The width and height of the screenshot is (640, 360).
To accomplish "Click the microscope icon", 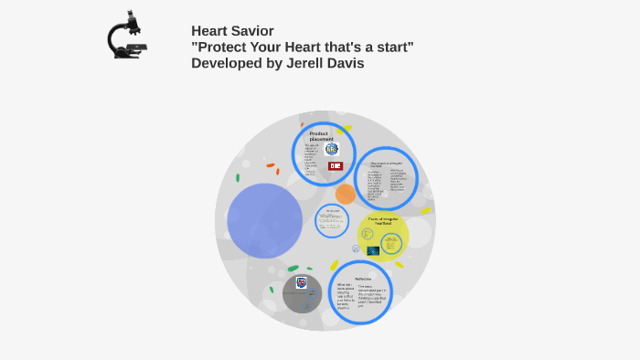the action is pyautogui.click(x=127, y=37).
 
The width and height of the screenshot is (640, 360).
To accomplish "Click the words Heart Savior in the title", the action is pyautogui.click(x=232, y=31).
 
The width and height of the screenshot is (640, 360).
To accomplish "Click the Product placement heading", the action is pyautogui.click(x=318, y=136).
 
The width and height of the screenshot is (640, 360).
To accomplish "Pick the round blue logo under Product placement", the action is pyautogui.click(x=331, y=148).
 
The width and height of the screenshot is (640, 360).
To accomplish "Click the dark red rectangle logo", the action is pyautogui.click(x=336, y=166).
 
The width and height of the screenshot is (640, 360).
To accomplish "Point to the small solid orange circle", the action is pyautogui.click(x=346, y=194).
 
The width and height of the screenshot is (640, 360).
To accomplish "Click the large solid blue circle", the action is pyautogui.click(x=265, y=220).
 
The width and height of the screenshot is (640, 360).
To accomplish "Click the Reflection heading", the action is pyautogui.click(x=363, y=279).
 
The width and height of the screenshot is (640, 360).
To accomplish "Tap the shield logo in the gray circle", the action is pyautogui.click(x=302, y=283).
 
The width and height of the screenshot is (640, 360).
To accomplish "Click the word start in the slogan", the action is pyautogui.click(x=396, y=47).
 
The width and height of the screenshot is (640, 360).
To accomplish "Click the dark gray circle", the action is pyautogui.click(x=302, y=293).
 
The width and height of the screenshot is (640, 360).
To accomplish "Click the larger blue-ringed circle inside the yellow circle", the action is pyautogui.click(x=391, y=243).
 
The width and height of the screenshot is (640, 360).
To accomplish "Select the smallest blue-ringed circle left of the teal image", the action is pyautogui.click(x=356, y=249).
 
